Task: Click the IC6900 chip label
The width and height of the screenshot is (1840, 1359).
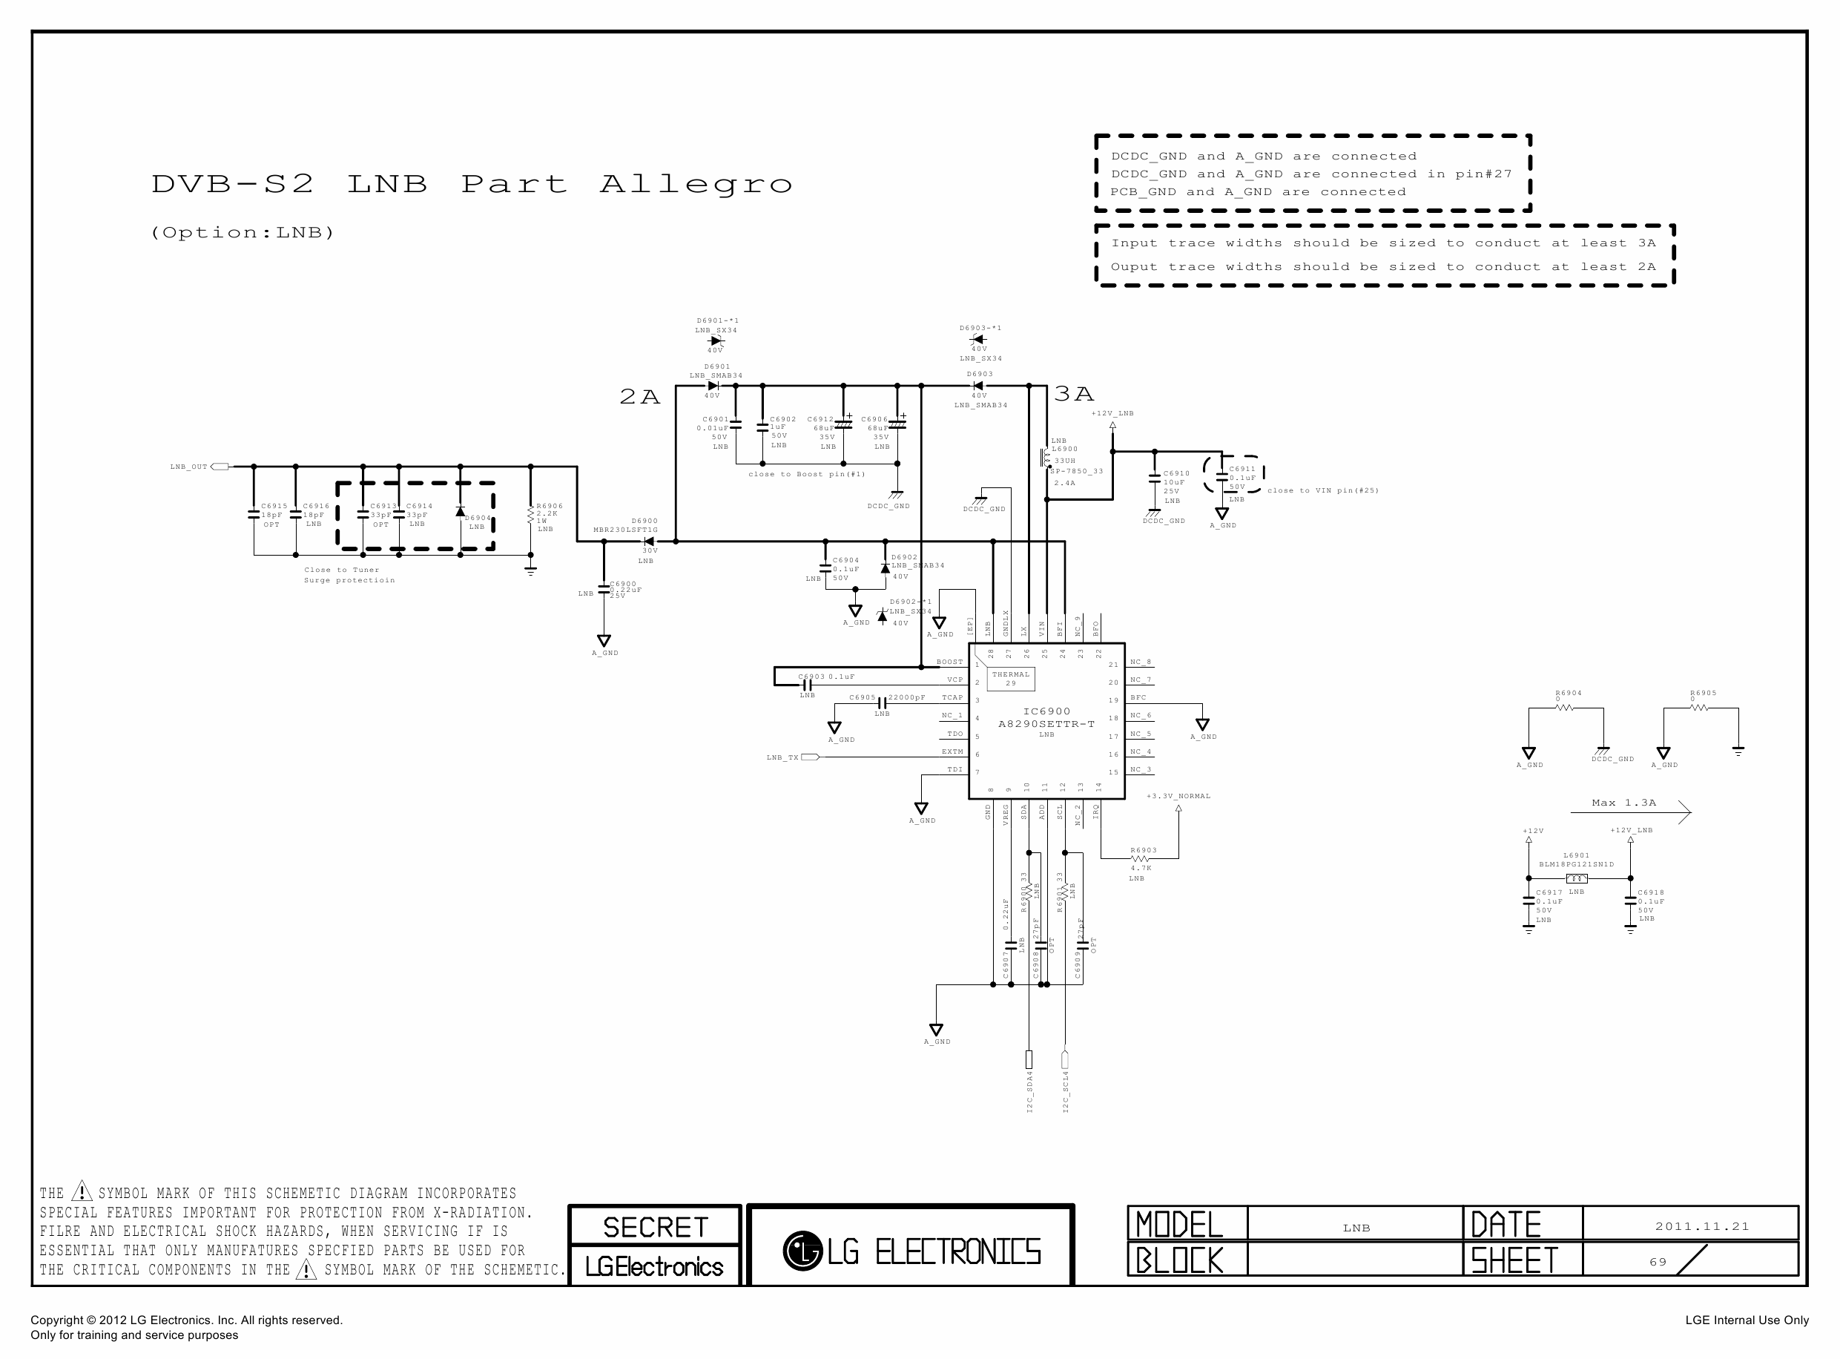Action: tap(1046, 711)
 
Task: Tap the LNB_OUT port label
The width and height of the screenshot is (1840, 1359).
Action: tap(188, 467)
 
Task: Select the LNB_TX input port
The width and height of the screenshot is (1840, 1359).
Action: tap(809, 757)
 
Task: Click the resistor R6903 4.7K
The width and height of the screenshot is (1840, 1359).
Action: tap(1140, 859)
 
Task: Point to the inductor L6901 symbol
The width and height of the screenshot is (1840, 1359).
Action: tap(1576, 878)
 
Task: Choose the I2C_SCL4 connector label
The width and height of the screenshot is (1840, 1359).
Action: tap(1066, 1093)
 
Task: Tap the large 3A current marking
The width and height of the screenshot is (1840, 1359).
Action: tap(1073, 395)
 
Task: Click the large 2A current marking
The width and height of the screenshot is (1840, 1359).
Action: tap(639, 398)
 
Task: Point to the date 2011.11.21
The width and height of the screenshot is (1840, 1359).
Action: tap(1701, 1226)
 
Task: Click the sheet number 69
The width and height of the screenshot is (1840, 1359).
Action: tap(1657, 1262)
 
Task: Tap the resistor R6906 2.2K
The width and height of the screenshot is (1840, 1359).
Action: tap(531, 516)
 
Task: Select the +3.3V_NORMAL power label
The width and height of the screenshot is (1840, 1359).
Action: tap(1178, 796)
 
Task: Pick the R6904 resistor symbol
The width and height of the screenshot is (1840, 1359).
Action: tap(1564, 707)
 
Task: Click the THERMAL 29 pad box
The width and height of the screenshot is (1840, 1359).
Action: tap(1010, 679)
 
